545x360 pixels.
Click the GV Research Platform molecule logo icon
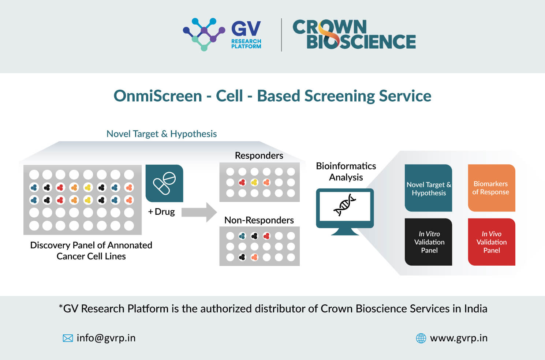[204, 34]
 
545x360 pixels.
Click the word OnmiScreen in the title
[158, 96]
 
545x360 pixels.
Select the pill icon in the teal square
[164, 183]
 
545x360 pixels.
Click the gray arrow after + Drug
[199, 212]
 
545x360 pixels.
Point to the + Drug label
[161, 212]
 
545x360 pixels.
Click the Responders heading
[259, 155]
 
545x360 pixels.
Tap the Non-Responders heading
[259, 220]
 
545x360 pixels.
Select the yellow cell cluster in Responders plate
[254, 182]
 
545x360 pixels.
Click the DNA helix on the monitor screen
[345, 205]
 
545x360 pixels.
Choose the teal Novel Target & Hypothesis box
[428, 188]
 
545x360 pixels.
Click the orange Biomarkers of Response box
[491, 188]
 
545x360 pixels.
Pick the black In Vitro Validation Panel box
[428, 242]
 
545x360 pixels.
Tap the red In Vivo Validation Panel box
[491, 242]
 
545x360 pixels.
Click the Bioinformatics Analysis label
[346, 172]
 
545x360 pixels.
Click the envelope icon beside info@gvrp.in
[68, 338]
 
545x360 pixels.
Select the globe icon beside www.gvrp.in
[421, 338]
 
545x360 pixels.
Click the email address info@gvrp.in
[106, 338]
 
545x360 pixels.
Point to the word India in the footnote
[475, 308]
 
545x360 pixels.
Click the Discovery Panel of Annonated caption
[91, 245]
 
